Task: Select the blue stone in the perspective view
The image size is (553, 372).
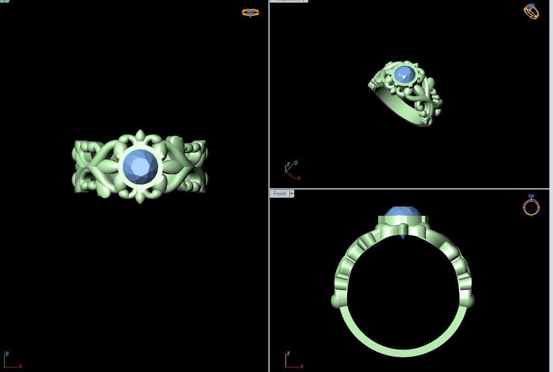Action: pos(404,75)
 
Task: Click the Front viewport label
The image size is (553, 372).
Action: pos(279,194)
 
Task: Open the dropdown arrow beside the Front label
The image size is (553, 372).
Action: pos(292,194)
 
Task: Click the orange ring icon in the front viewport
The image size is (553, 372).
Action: pos(531,206)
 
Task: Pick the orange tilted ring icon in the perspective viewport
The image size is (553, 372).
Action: pos(531,11)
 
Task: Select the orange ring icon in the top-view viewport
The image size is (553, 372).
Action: pos(250,12)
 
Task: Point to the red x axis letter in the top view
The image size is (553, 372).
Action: pos(20,366)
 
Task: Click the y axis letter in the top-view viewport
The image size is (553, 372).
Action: pos(7,353)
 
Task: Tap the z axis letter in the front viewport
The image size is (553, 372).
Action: pos(288,353)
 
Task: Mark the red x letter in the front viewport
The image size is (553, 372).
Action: pos(302,366)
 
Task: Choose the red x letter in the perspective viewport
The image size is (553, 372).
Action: pos(299,178)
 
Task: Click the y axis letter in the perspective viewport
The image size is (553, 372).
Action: pos(295,162)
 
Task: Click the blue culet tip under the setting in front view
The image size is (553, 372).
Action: pos(402,237)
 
